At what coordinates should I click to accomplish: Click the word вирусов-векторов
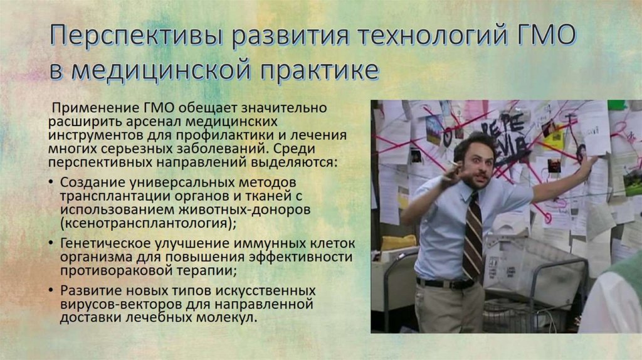tap(113, 305)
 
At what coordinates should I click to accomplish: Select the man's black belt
tap(446, 283)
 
